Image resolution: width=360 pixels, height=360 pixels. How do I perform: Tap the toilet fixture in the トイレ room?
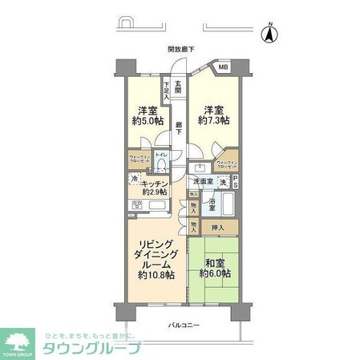pyautogui.click(x=160, y=165)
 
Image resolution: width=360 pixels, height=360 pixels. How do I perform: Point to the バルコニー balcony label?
pyautogui.click(x=184, y=326)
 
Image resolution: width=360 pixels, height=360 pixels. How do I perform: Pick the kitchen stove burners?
pyautogui.click(x=138, y=205)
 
